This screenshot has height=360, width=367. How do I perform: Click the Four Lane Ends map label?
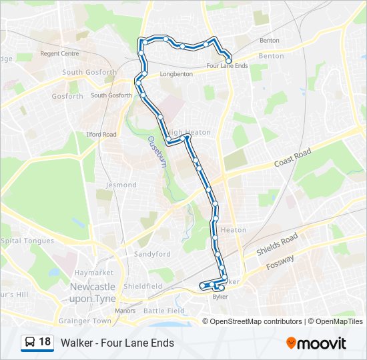coord(228,66)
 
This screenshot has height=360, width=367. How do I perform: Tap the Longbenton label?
coord(177,74)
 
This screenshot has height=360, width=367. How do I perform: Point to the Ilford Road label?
coord(101,134)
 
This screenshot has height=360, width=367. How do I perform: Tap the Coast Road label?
coord(292,159)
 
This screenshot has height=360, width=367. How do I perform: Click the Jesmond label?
coord(121,185)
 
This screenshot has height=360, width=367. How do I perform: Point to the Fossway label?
coord(280,261)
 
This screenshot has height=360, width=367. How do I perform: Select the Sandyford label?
coord(152,254)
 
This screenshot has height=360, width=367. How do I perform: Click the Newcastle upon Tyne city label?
coord(92,292)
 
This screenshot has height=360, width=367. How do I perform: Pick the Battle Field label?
coord(163,311)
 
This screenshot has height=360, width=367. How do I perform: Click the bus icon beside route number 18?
coord(30,342)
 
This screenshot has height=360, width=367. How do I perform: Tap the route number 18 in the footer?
coord(45,342)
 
